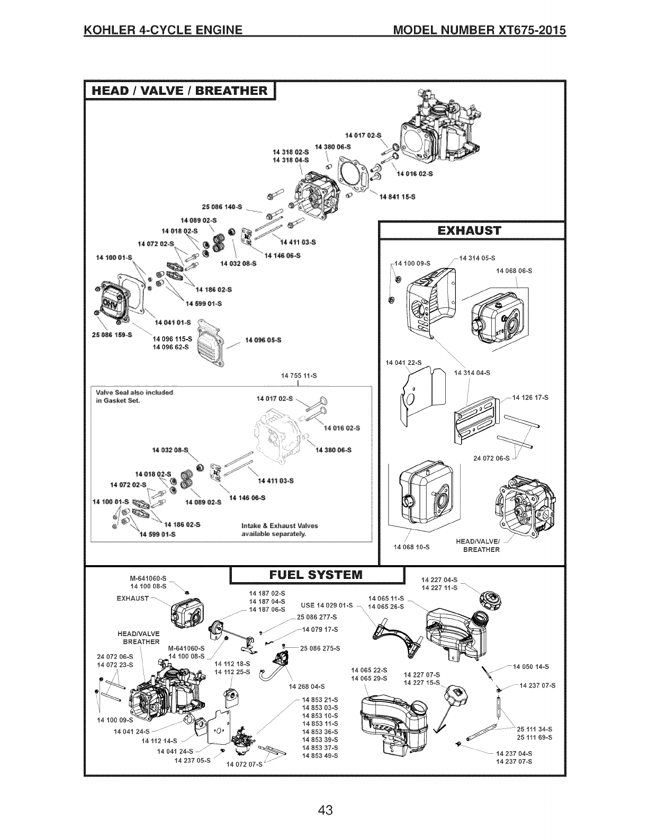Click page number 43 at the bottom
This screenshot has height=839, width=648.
click(325, 811)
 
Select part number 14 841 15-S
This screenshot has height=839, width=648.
click(398, 197)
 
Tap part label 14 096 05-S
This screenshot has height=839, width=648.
click(263, 340)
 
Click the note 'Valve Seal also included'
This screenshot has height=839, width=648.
click(135, 392)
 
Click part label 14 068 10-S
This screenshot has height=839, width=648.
click(412, 546)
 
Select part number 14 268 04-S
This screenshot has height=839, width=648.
click(307, 687)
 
